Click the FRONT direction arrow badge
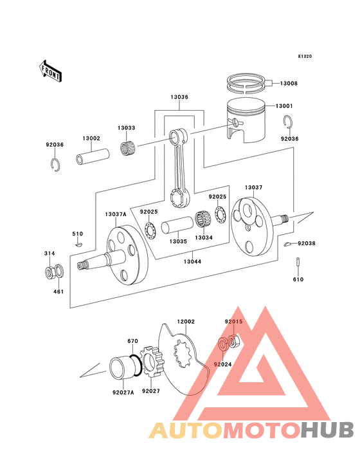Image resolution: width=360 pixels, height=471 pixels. click(51, 70)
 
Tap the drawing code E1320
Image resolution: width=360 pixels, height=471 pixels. click(305, 57)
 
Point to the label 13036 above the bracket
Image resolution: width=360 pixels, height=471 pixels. click(179, 97)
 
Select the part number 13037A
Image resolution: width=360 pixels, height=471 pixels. click(116, 214)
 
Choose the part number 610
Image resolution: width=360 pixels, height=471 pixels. click(299, 280)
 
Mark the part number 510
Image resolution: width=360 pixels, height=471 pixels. click(77, 234)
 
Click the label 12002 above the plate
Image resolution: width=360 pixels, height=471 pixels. click(186, 321)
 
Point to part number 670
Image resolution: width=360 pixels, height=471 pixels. click(132, 341)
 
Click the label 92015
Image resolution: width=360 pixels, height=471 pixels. click(233, 321)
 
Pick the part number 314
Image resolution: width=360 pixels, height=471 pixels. click(49, 254)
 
